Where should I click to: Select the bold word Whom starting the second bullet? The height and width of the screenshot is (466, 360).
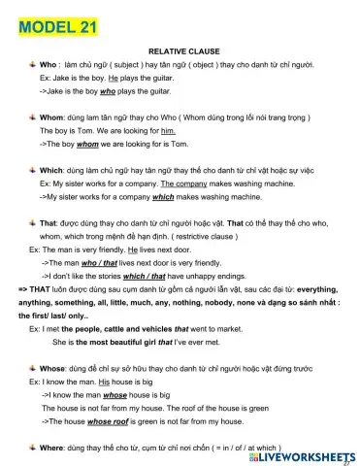click(51, 116)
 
